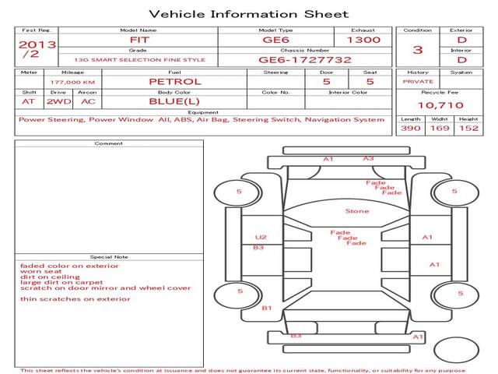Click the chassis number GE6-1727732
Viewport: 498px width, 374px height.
305,60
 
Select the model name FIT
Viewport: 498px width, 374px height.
139,40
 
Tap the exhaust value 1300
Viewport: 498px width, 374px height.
363,40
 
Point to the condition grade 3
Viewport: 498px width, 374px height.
418,50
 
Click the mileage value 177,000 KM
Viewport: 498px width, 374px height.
72,83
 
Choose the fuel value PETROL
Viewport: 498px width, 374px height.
175,82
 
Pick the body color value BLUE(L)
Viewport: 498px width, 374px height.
174,101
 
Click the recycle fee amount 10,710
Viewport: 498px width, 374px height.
440,105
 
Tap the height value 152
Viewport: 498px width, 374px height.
468,128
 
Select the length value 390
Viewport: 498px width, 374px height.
411,128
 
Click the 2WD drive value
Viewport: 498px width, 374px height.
59,102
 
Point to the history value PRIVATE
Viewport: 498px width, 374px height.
418,82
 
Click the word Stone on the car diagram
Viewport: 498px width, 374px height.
357,211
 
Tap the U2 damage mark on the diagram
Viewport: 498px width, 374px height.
261,237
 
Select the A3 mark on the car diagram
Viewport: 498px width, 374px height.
368,158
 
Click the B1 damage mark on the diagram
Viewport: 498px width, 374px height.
267,308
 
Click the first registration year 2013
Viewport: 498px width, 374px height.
37,44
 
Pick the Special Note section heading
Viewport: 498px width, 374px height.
109,257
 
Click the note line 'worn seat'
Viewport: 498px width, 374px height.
41,272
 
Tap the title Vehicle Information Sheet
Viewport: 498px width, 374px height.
249,14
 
